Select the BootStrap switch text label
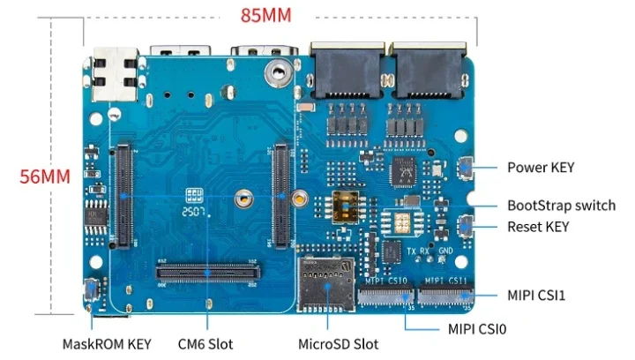561,205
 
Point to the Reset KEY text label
538,227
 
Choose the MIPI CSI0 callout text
477,329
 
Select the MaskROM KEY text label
107,343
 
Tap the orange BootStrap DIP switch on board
346,209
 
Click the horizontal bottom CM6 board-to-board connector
207,272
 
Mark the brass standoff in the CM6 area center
240,200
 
